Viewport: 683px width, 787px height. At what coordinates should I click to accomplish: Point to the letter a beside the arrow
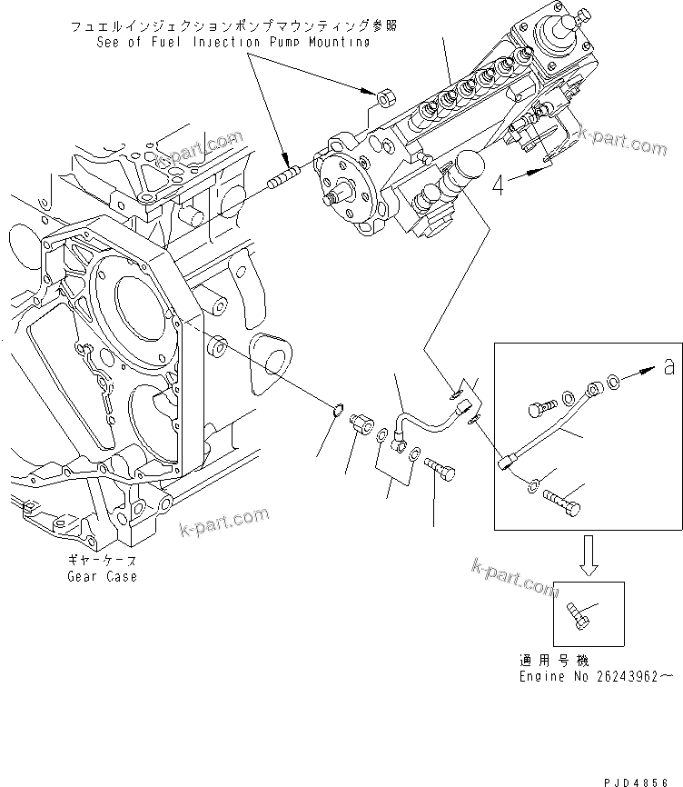(669, 367)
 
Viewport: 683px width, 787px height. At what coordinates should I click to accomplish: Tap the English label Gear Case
(102, 576)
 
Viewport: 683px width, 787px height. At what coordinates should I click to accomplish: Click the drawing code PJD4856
(645, 769)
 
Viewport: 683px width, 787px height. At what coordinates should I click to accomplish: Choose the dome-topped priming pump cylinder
(469, 173)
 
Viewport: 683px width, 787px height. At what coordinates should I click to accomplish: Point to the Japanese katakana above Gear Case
(102, 562)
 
